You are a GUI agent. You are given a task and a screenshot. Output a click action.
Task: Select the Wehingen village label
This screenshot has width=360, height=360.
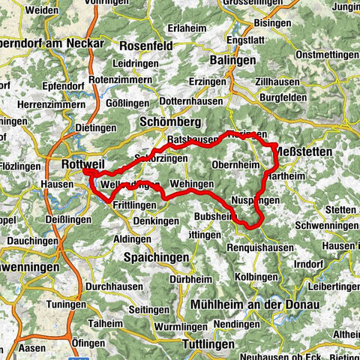point(192,184)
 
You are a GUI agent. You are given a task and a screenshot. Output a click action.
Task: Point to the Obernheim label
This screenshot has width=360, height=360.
point(235,164)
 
